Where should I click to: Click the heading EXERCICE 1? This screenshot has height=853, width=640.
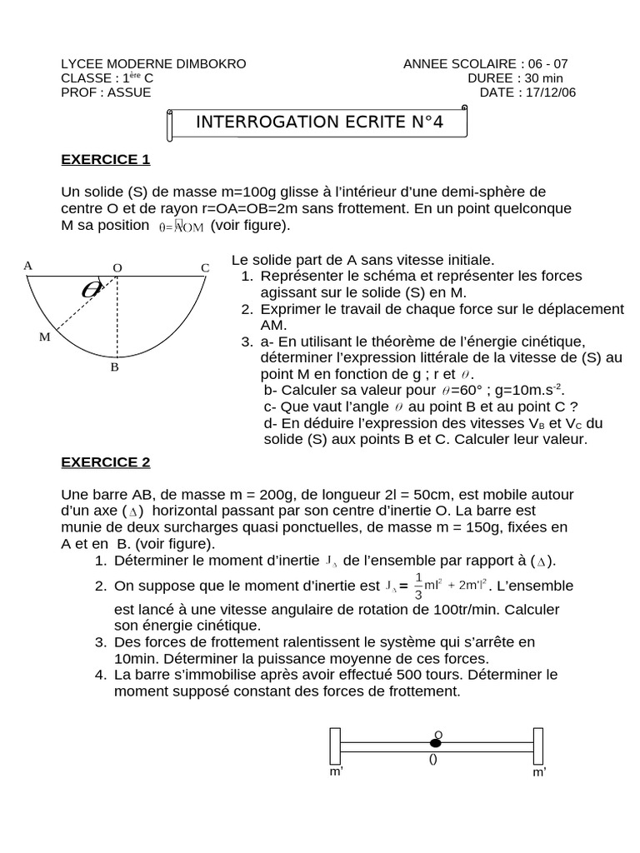[105, 158]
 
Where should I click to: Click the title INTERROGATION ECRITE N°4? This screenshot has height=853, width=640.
[319, 122]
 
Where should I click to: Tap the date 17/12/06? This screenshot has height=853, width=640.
[551, 92]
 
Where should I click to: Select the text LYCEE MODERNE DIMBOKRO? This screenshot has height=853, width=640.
[153, 64]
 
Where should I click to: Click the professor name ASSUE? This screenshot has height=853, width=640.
[129, 92]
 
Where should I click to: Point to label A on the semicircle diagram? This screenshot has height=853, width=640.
[28, 266]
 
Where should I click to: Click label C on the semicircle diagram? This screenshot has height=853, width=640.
[204, 267]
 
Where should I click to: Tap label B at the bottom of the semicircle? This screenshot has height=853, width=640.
[115, 366]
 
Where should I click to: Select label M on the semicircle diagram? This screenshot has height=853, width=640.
[44, 337]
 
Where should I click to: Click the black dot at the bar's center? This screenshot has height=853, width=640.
[435, 742]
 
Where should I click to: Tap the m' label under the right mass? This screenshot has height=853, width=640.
[539, 772]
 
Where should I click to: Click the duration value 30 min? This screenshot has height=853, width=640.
[543, 78]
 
